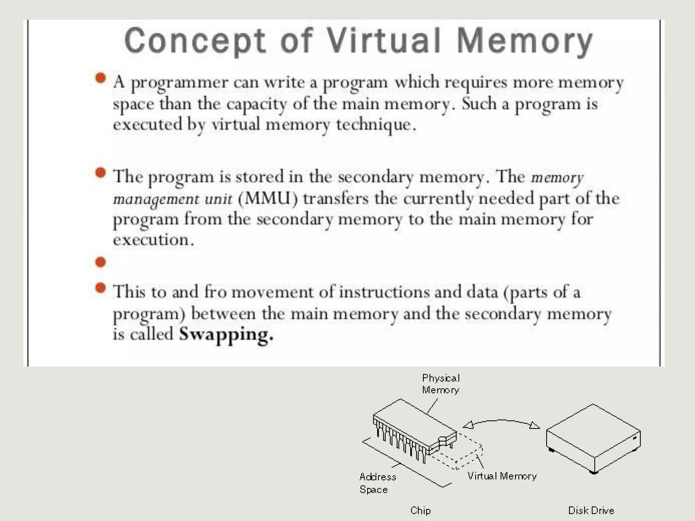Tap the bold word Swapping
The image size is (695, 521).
[226, 334]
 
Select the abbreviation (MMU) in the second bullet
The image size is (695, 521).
[268, 198]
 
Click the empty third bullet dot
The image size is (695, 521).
[100, 262]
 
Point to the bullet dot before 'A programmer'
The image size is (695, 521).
[100, 78]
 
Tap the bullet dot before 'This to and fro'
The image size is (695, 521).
[100, 288]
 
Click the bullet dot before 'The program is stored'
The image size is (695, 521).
[100, 173]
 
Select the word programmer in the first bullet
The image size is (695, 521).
[180, 83]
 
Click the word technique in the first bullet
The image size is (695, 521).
[376, 125]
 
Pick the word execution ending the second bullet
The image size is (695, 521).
[153, 240]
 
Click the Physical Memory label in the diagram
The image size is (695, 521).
[440, 384]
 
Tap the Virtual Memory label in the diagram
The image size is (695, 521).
[502, 476]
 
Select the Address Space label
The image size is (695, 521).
[377, 483]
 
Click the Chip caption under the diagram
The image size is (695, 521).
[420, 510]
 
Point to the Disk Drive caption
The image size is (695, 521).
[591, 510]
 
